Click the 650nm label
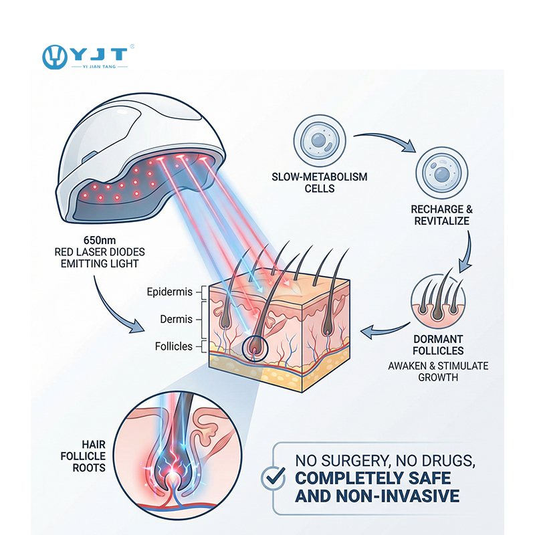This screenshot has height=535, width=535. click(x=101, y=240)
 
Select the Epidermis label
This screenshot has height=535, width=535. click(x=170, y=292)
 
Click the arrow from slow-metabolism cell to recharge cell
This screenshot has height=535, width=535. click(x=385, y=141)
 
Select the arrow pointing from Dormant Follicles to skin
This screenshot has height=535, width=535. click(x=383, y=330)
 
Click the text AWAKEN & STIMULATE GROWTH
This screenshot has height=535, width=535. click(x=438, y=372)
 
